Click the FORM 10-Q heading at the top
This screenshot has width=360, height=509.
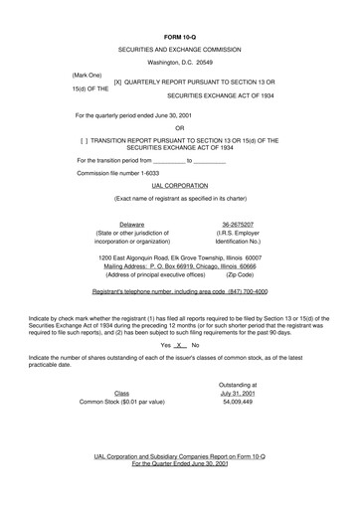pos(180,36)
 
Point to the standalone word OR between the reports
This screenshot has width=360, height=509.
pos(179,127)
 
